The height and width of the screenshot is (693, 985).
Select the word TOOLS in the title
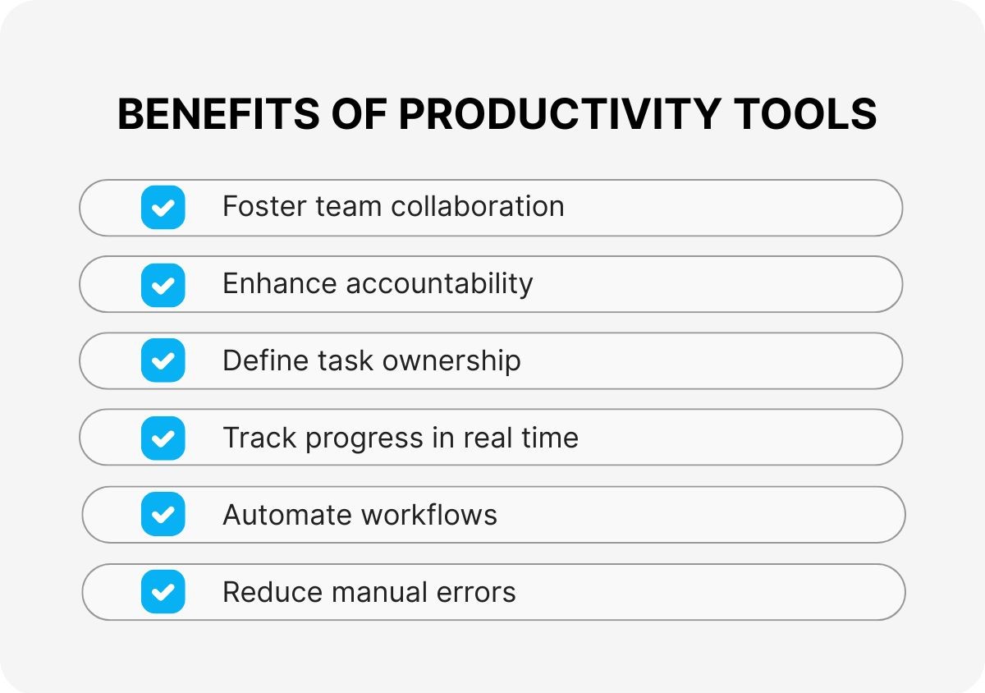809,114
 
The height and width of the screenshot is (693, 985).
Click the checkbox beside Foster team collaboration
163,207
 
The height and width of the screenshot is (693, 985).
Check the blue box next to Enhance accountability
163,284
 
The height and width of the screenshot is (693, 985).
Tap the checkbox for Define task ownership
163,360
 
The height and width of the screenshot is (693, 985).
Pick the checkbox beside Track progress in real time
163,438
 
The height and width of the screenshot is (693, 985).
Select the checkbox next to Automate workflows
163,515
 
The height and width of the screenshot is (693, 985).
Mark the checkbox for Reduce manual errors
163,592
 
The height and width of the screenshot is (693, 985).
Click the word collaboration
477,206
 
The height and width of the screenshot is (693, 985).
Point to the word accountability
439,283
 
